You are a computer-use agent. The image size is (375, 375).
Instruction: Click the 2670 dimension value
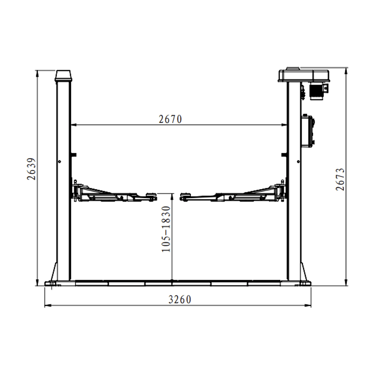point(170,119)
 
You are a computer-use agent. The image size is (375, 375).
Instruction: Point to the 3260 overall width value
point(180,299)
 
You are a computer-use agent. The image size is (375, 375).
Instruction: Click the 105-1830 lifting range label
point(166,229)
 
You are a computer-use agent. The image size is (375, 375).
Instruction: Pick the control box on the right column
point(308,130)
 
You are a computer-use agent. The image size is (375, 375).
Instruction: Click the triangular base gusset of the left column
point(53,273)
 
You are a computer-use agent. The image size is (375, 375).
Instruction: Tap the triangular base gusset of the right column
point(304,273)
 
